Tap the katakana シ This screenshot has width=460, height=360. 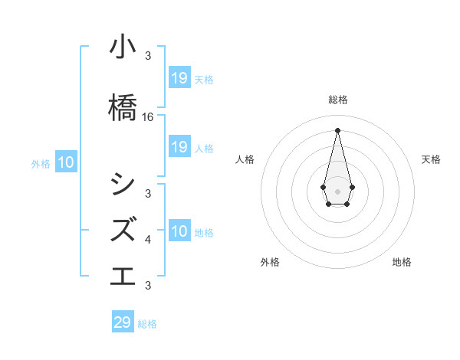point(123,185)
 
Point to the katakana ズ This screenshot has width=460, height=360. point(123,229)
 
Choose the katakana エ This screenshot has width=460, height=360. point(123,274)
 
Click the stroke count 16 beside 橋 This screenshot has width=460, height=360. point(148,117)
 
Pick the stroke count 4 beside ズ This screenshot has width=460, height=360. point(148,240)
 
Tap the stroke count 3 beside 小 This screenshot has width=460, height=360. point(148,56)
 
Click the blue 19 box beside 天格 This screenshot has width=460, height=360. point(179,78)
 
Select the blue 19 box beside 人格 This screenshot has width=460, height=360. point(179,147)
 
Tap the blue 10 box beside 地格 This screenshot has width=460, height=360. point(179,231)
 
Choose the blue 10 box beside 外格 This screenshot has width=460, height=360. point(66,162)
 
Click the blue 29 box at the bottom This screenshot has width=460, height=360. point(123,322)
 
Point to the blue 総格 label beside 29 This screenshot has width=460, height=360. point(147,324)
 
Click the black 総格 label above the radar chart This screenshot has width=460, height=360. point(338,100)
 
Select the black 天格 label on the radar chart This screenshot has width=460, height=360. point(431,159)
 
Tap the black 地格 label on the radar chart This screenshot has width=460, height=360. point(402,262)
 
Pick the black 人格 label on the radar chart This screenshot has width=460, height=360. point(245,159)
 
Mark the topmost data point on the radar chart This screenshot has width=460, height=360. point(337,129)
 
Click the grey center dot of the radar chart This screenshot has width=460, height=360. point(337,190)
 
